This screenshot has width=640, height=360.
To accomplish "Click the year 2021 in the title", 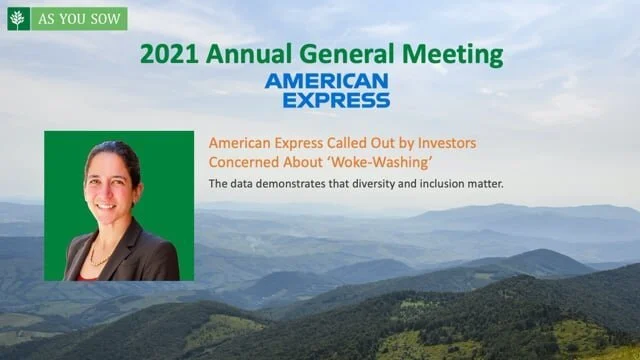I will click(x=164, y=54).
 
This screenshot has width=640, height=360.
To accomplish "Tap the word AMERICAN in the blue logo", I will click(x=327, y=81).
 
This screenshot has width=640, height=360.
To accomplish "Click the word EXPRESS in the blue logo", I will click(x=335, y=99).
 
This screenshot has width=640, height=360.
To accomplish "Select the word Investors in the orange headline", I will click(x=442, y=143).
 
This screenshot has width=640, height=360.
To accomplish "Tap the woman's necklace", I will click(x=100, y=255).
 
